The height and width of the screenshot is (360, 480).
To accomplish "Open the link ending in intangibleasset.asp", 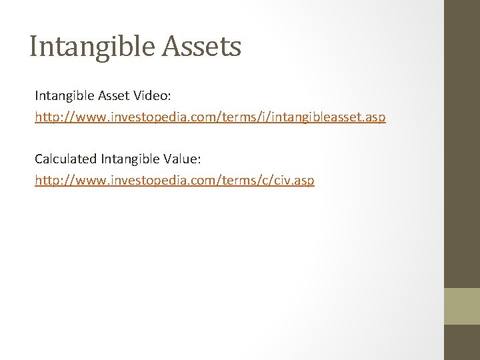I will [210, 117].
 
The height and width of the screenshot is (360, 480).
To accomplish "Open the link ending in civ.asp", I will [175, 180].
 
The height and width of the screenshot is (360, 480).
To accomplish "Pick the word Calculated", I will [65, 159].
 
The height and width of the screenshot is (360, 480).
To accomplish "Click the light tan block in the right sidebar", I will [461, 306].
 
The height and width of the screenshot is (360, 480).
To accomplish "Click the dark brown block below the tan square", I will [461, 342].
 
